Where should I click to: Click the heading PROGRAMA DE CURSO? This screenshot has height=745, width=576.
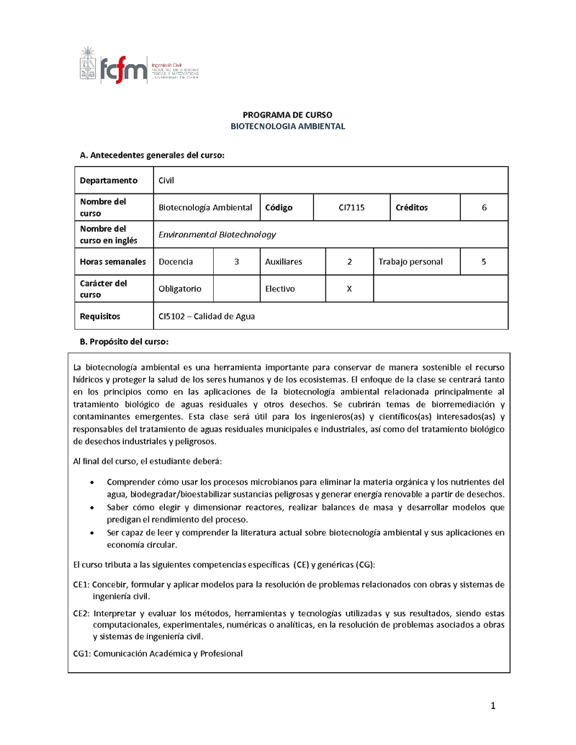point(287,114)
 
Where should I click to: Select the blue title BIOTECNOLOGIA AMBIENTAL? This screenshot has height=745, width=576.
point(287,126)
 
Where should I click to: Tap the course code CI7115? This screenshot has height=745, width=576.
point(351,207)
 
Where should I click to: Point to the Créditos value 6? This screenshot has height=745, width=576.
point(485,207)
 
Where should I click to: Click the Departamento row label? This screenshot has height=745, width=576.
point(108,180)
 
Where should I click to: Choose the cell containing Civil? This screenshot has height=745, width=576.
point(166,180)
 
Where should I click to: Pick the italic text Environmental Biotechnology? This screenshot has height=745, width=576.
point(217,235)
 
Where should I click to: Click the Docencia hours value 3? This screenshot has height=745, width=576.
point(236,262)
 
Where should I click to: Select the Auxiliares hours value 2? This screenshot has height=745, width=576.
point(349,262)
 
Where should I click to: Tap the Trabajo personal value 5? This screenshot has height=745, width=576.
point(484,262)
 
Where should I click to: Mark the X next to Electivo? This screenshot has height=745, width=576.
point(349,289)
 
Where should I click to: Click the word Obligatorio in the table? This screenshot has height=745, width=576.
point(180,289)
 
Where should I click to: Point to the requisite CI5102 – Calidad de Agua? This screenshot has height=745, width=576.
point(207,316)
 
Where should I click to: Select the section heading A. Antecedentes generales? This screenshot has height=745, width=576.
point(152,155)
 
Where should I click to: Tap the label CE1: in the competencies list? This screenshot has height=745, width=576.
point(81,584)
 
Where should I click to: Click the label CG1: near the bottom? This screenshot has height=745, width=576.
point(81,654)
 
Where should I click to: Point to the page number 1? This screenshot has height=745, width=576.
point(493,706)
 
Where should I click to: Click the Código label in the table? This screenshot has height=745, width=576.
point(279,207)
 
